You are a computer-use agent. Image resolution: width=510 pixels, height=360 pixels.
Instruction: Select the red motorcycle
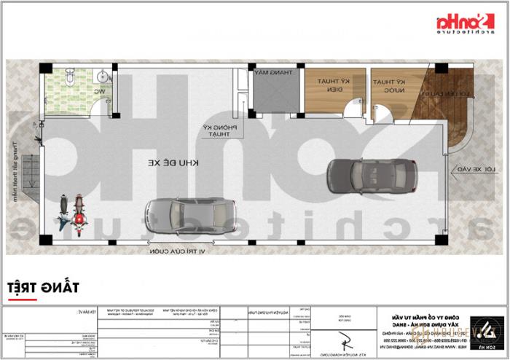coord(78,212)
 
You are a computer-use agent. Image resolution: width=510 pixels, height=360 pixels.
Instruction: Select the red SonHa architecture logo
coord(463,26)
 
